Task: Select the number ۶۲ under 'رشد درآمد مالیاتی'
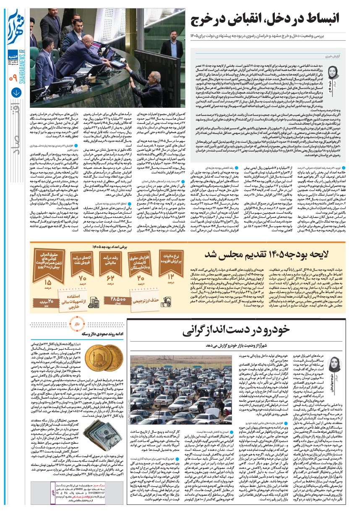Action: (x=111, y=277)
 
